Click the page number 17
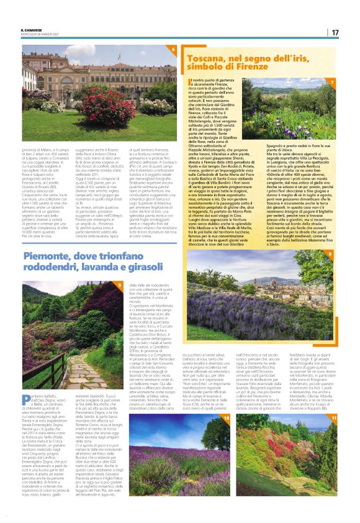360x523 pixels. pyautogui.click(x=334, y=32)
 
